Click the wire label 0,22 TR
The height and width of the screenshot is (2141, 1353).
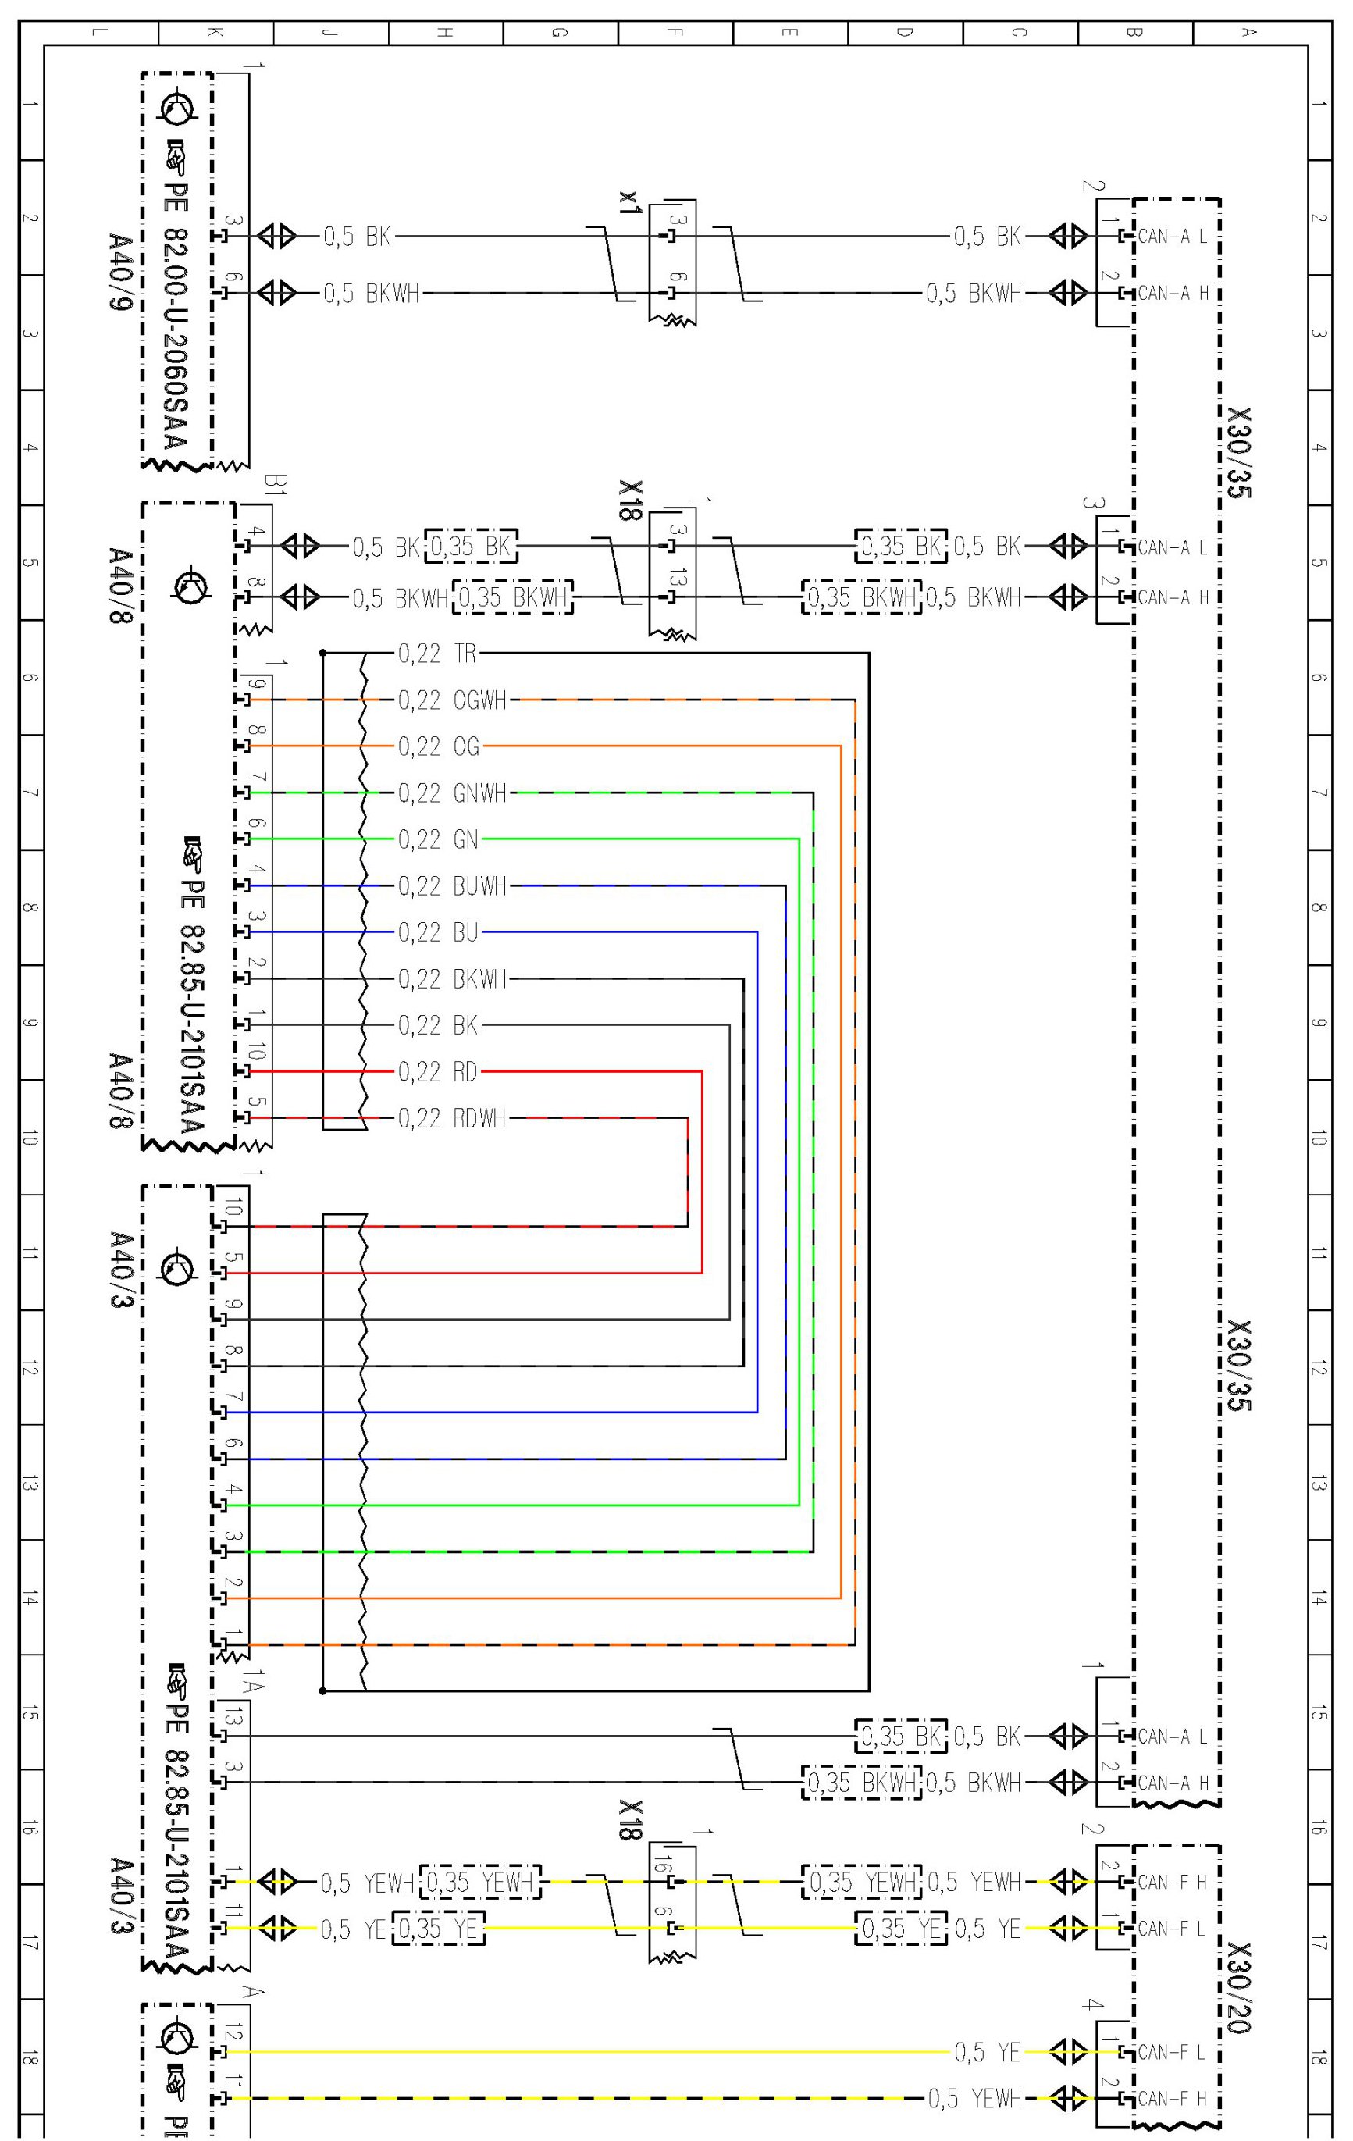click(437, 654)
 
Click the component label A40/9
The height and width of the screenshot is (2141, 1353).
click(119, 272)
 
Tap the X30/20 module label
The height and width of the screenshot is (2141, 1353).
click(1237, 1988)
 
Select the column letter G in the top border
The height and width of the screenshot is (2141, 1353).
click(559, 33)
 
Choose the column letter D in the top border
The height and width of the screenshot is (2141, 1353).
click(904, 33)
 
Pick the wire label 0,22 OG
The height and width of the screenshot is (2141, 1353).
click(439, 747)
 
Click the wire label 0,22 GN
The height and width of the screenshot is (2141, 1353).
click(439, 839)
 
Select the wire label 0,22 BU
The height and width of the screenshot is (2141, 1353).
click(439, 933)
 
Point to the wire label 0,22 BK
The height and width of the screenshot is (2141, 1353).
click(439, 1025)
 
